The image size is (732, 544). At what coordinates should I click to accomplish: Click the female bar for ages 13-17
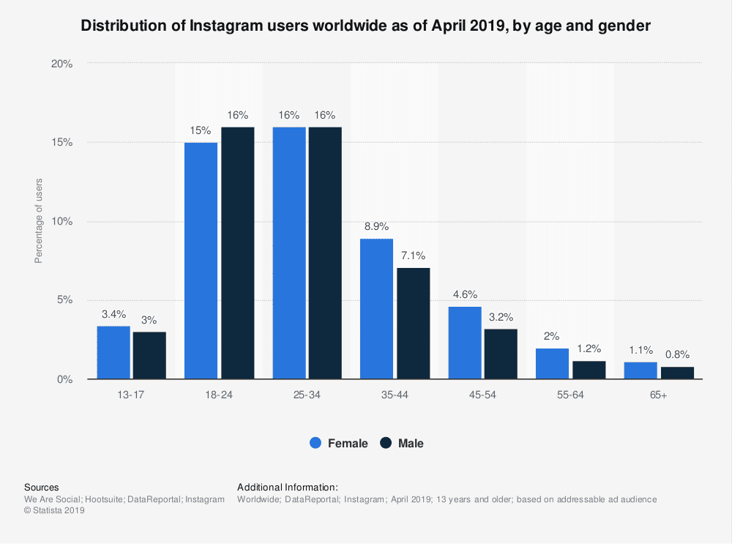[x=113, y=352]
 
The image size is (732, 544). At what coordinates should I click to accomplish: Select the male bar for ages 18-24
[x=237, y=253]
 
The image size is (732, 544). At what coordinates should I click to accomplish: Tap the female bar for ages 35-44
[x=376, y=308]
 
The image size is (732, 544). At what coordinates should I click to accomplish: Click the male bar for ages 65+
[x=677, y=373]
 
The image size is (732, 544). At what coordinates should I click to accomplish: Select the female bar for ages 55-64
[x=552, y=363]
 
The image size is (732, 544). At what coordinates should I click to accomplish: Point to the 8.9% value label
[x=376, y=228]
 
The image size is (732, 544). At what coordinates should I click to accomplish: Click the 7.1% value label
[x=413, y=256]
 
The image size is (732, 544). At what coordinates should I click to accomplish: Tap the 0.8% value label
[x=676, y=355]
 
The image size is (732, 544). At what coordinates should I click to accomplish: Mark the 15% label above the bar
[x=201, y=131]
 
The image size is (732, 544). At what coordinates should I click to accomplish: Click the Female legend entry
[x=340, y=443]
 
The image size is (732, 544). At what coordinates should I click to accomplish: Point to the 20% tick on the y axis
[x=62, y=64]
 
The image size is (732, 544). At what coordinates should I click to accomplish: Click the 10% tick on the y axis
[x=62, y=222]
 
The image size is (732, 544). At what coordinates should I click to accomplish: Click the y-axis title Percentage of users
[x=38, y=221]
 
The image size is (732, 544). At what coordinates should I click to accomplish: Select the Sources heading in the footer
[x=42, y=487]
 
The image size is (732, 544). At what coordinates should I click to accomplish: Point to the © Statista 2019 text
[x=54, y=511]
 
